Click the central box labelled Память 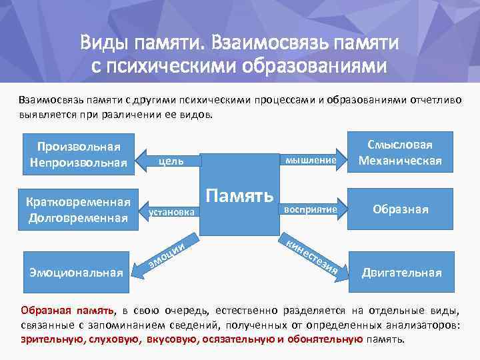(239, 195)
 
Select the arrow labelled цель (170, 161)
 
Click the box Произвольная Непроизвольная (79, 155)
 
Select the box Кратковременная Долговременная (79, 209)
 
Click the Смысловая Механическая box (400, 153)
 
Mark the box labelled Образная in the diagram (400, 209)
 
